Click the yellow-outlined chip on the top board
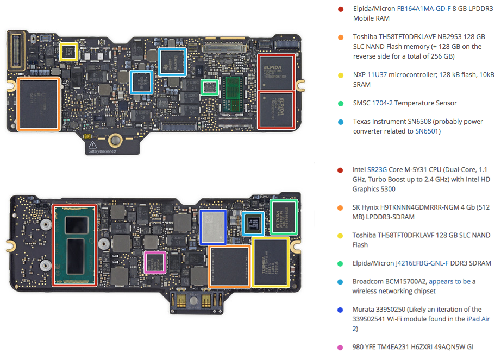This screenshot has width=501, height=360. click(68, 52)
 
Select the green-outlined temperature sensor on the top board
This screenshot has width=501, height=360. click(209, 87)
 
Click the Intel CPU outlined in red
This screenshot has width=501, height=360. click(74, 245)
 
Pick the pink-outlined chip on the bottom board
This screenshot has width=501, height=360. click(155, 262)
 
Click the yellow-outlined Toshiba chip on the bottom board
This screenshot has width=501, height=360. click(270, 261)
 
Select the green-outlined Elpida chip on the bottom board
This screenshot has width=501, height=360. click(284, 217)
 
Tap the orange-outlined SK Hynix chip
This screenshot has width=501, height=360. click(229, 266)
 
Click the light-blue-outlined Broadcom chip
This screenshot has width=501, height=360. click(253, 224)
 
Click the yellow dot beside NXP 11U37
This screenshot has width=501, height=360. click(341, 75)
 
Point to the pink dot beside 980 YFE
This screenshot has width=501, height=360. click(341, 347)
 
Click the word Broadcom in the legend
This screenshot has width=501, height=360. click(370, 281)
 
